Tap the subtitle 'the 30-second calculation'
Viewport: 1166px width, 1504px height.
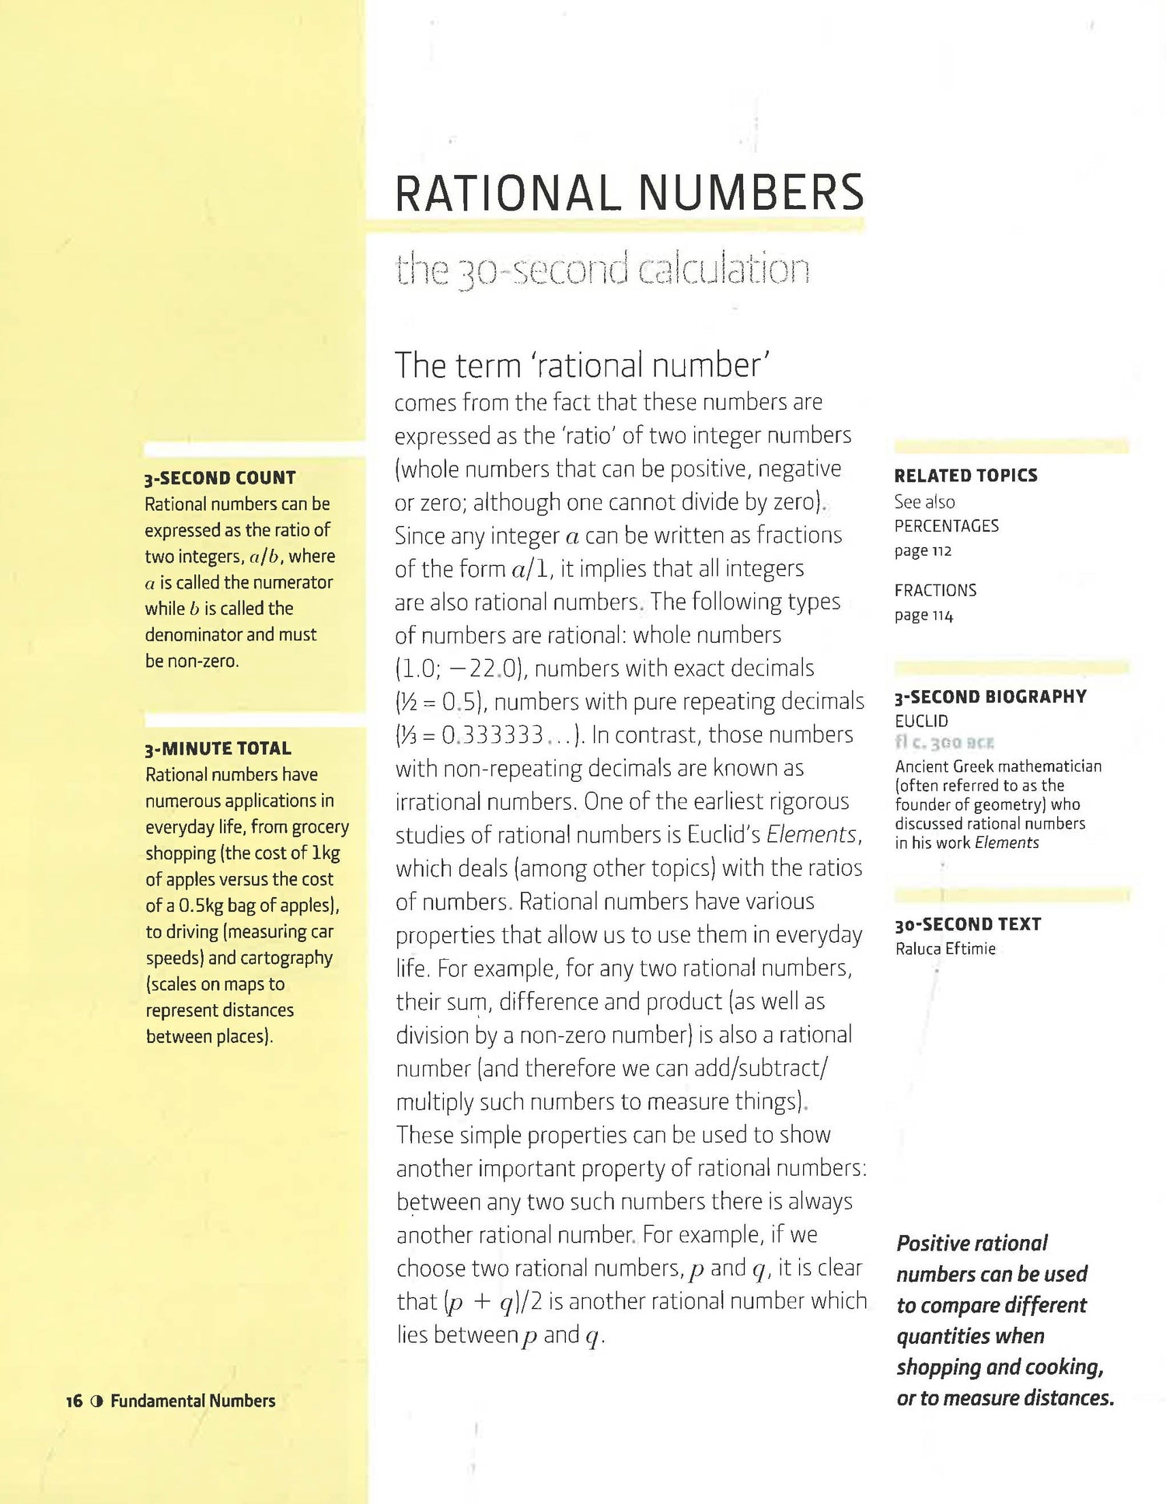(602, 270)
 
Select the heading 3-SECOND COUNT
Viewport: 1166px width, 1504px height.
(220, 478)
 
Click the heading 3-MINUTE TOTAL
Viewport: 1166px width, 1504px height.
(218, 749)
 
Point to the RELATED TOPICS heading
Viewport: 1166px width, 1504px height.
(965, 476)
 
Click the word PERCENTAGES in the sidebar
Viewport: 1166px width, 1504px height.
(946, 526)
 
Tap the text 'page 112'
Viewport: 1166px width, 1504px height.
(923, 551)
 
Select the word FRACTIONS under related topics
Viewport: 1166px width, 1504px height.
(935, 591)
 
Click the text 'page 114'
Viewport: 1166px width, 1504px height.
(923, 616)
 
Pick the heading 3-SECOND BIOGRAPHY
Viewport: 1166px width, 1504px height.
(990, 697)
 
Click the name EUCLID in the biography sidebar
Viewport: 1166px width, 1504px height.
(921, 721)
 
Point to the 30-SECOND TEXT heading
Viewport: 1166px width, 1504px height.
(968, 924)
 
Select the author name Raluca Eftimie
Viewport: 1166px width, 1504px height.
(945, 949)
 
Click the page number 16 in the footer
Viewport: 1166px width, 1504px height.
(74, 1401)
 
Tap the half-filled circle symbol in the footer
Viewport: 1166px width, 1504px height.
(96, 1401)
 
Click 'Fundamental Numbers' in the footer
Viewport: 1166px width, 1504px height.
(193, 1401)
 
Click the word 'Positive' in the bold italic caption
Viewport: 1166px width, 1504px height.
(933, 1244)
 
